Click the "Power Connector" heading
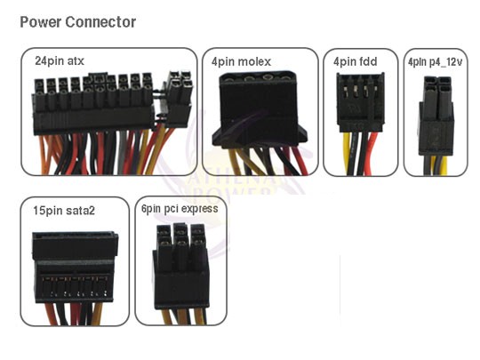pyautogui.click(x=77, y=22)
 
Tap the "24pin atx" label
pyautogui.click(x=60, y=61)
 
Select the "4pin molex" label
pyautogui.click(x=241, y=62)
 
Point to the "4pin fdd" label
pyautogui.click(x=355, y=61)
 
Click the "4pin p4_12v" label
pyautogui.click(x=435, y=62)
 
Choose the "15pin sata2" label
pyautogui.click(x=64, y=211)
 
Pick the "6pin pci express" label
pyautogui.click(x=180, y=209)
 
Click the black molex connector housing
pyautogui.click(x=260, y=109)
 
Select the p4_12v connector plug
pyautogui.click(x=436, y=116)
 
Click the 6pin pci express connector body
pyautogui.click(x=181, y=267)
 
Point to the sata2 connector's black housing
pyautogui.click(x=75, y=268)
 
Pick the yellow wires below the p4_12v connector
pyautogui.click(x=438, y=164)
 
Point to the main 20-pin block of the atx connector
pyautogui.click(x=93, y=103)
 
